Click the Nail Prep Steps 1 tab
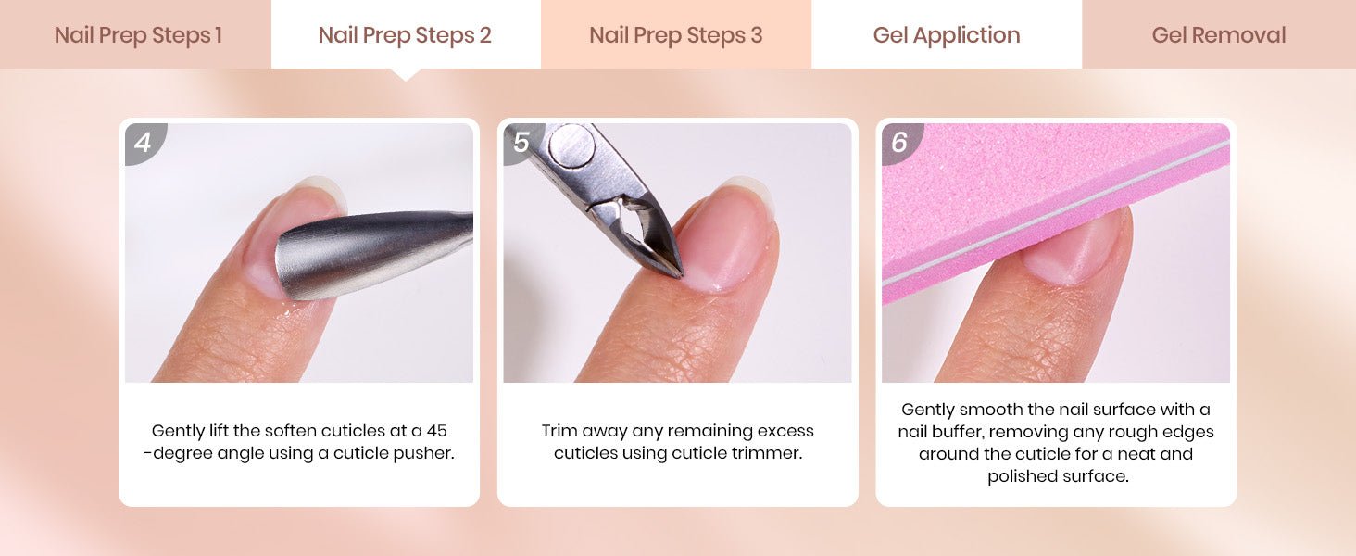point(135,34)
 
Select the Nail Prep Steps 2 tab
point(406,34)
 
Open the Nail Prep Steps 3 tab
point(676,34)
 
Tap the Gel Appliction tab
point(947,34)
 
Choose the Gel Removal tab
point(1219,34)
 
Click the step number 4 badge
point(144,143)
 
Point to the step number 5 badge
point(520,143)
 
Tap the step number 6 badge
point(899,143)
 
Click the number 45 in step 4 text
point(436,431)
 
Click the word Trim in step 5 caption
point(554,431)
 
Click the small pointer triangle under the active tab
point(407,74)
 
